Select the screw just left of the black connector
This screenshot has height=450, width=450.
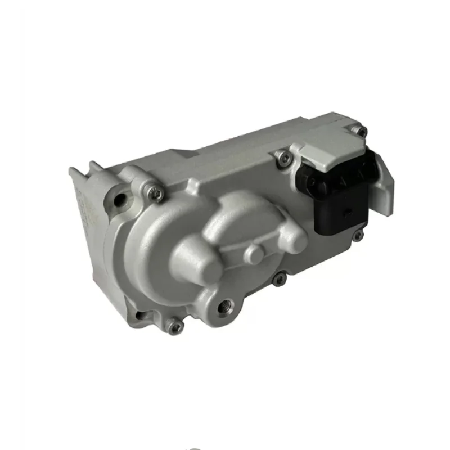tap(285, 159)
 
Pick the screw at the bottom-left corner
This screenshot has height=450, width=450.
tap(175, 326)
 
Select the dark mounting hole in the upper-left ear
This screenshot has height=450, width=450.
tap(119, 200)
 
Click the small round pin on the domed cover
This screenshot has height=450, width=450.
tap(255, 253)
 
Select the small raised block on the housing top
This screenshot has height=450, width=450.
tap(183, 154)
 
